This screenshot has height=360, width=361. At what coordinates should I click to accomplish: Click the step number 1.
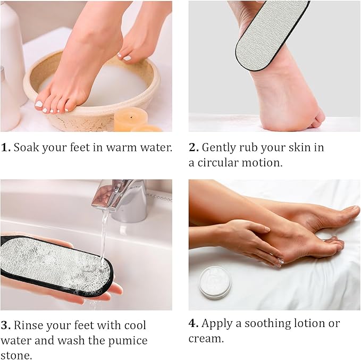(x=5, y=147)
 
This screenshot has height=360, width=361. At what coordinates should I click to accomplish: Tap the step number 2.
(x=194, y=147)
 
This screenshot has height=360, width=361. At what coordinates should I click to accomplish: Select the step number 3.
(x=5, y=325)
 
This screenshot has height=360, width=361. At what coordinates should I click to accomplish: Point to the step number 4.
(x=194, y=323)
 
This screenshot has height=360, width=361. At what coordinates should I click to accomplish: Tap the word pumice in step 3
(x=130, y=340)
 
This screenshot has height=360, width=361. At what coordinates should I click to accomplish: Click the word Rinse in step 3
(x=28, y=325)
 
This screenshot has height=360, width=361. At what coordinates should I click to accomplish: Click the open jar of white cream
(x=215, y=281)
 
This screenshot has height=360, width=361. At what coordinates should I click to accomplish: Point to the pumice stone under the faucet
(x=53, y=263)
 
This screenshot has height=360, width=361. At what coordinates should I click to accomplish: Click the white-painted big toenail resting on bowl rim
(x=39, y=104)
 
